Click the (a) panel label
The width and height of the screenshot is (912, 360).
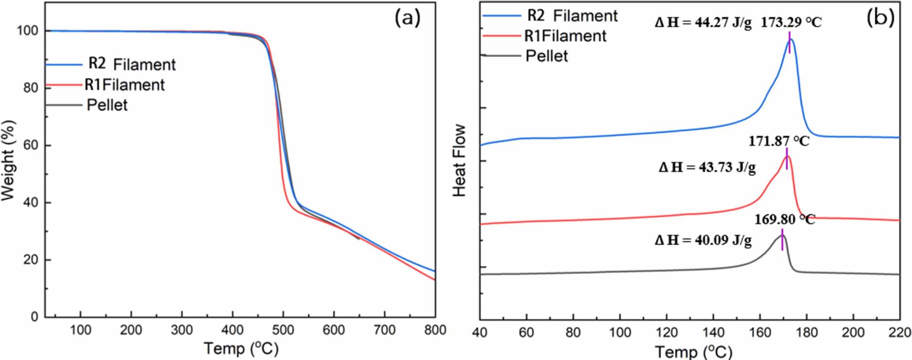tap(408, 19)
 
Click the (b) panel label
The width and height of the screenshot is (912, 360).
tap(880, 18)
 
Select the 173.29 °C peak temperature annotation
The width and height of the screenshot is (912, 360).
tap(791, 23)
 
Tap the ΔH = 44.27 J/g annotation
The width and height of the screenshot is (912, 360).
tap(703, 23)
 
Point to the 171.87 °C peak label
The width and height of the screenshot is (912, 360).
tap(779, 141)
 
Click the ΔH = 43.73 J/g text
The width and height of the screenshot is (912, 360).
tap(707, 167)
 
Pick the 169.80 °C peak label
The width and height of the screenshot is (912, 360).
tap(785, 219)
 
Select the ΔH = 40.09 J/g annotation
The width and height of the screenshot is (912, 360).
tap(703, 240)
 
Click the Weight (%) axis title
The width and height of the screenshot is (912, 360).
tap(8, 160)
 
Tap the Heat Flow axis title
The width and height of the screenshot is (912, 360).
tap(459, 160)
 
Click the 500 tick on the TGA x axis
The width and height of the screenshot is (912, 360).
tap(283, 330)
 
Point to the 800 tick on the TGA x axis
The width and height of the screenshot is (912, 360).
tap(435, 330)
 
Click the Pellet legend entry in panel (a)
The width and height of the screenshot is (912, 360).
tap(107, 105)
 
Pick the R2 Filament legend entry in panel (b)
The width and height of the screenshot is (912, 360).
tap(572, 16)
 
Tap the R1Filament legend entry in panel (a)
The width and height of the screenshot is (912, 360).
tap(124, 85)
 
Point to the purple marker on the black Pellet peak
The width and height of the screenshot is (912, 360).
tap(782, 240)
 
